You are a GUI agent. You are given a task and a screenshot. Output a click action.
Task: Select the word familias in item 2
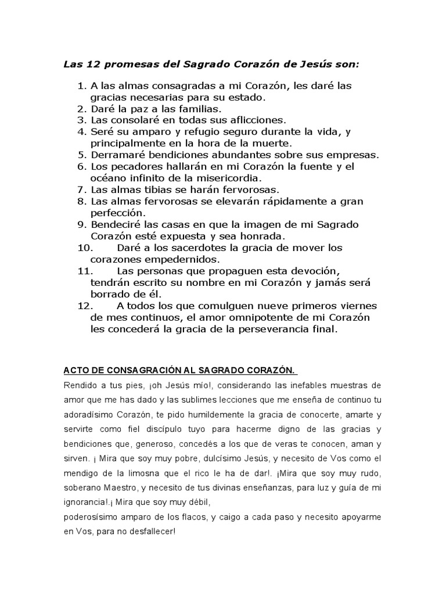coord(182,109)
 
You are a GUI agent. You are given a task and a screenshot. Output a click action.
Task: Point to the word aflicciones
coord(251,120)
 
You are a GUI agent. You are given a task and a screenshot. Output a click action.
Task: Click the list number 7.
coord(81,189)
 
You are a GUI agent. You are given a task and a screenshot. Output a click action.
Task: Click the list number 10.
coord(85,248)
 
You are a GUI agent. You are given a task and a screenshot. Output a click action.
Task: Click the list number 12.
coord(85,306)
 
